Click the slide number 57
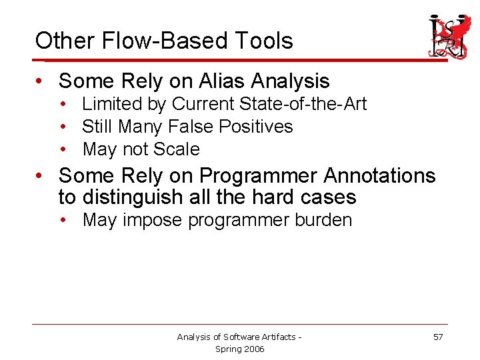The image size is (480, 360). coord(437,337)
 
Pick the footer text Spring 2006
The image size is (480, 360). coord(240,349)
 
